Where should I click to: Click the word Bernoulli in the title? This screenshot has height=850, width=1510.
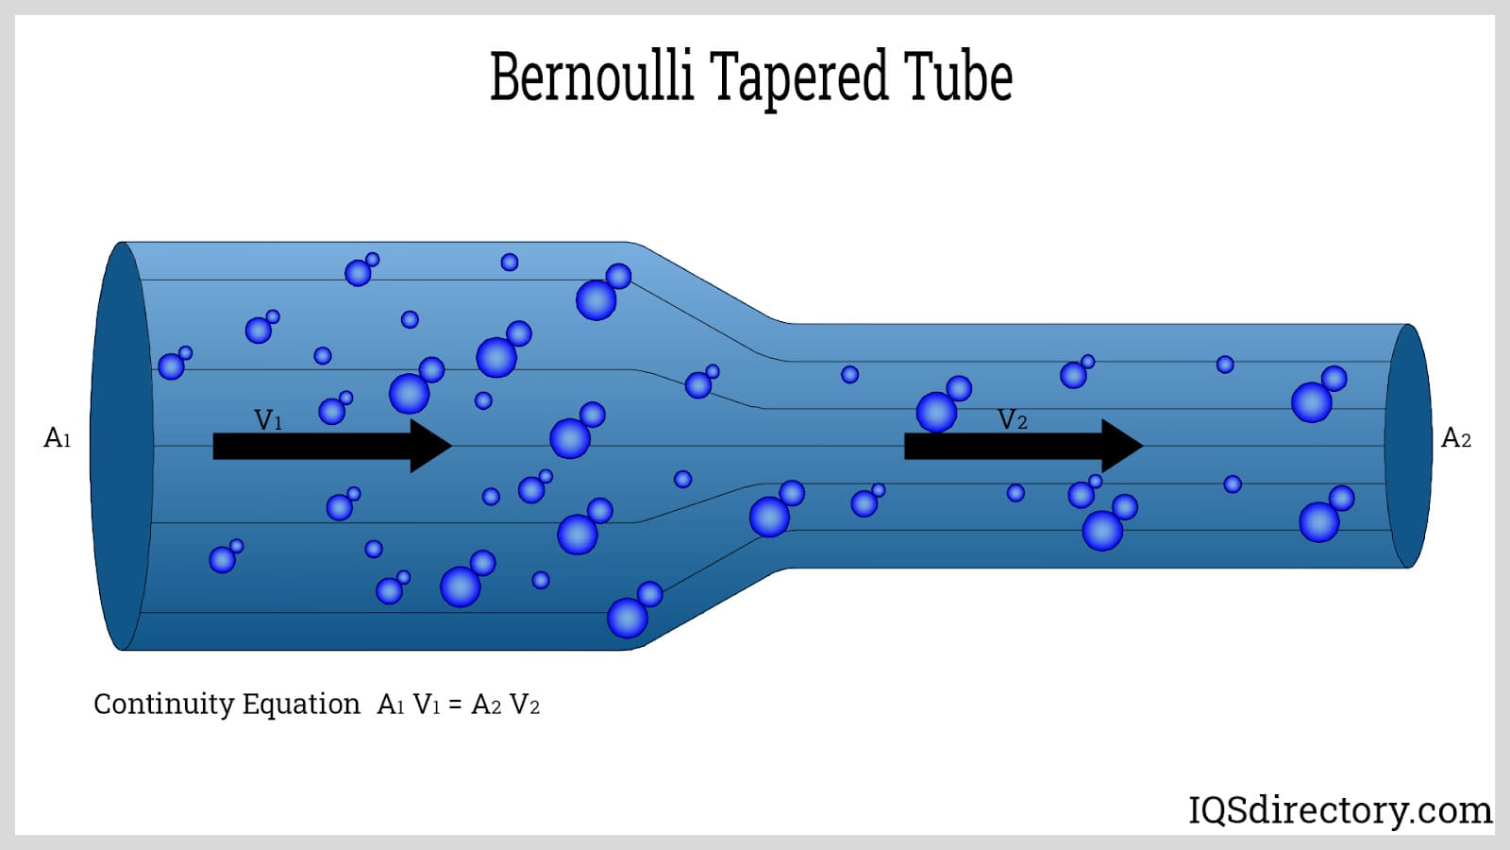pos(592,76)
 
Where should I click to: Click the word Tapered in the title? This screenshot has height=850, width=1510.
pos(797,78)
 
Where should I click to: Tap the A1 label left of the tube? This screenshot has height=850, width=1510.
pos(58,438)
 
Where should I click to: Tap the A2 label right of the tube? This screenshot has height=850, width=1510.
pos(1455,438)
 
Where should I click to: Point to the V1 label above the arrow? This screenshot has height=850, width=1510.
pos(268,420)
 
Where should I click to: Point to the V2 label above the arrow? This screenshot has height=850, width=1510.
pos(1012,420)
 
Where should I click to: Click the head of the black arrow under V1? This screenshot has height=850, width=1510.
pos(429,446)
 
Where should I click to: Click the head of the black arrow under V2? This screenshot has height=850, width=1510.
pos(1121,446)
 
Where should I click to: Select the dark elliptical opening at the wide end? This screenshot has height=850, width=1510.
pos(121,446)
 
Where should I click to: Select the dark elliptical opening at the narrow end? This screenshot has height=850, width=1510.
pos(1408,446)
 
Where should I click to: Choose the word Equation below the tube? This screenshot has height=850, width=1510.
pos(301,705)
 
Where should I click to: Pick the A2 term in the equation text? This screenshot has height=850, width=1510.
pos(486,705)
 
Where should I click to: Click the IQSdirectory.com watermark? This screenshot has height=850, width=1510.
pos(1339,810)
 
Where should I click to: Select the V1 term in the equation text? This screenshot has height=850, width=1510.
pos(427,705)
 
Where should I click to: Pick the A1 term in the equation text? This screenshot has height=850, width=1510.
pos(391,705)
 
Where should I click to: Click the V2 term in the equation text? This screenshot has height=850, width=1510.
pos(525,705)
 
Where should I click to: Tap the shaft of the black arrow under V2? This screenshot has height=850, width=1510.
pos(1000,446)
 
